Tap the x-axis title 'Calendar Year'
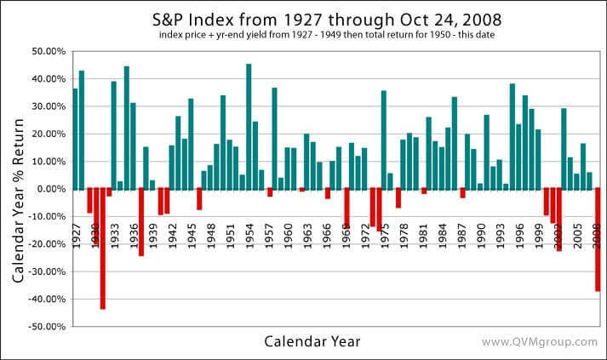click(x=312, y=341)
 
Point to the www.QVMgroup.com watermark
click(x=539, y=342)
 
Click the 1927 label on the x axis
click(x=76, y=233)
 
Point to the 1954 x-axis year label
click(x=249, y=233)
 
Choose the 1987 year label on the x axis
click(x=461, y=233)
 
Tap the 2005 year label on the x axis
click(x=577, y=233)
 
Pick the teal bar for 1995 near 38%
click(x=513, y=136)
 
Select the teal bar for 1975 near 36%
click(x=384, y=140)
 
